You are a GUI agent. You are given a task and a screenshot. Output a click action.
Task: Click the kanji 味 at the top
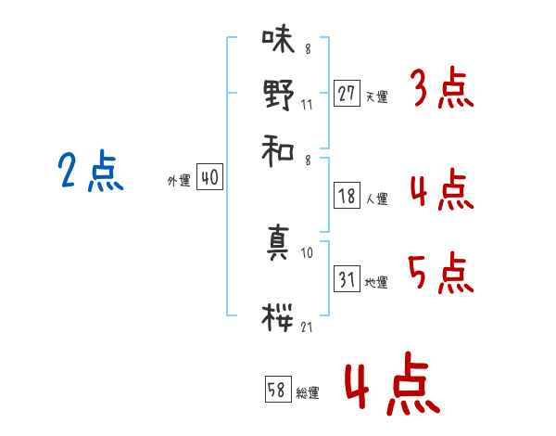coord(278,40)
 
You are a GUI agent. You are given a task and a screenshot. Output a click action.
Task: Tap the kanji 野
coord(279,95)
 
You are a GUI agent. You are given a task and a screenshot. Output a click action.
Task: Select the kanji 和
coord(278,150)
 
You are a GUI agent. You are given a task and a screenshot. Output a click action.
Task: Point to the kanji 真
coord(278,242)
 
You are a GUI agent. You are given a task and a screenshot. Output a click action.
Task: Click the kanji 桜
coord(277,317)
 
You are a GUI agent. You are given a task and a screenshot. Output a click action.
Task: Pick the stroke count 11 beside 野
coord(307,105)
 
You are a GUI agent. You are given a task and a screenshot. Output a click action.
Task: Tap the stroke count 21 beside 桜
coord(307,327)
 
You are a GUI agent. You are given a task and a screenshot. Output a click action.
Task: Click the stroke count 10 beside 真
coord(307,253)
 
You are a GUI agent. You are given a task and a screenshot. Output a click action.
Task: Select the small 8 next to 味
coord(308,48)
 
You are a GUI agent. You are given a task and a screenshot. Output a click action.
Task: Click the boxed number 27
coord(347,94)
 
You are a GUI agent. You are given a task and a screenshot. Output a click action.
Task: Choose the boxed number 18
coord(347,196)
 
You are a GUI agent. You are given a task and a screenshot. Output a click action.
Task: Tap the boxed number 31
coord(347,278)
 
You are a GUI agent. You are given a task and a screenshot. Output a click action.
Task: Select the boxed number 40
coord(209,176)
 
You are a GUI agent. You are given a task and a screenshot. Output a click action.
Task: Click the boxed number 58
coord(278,389)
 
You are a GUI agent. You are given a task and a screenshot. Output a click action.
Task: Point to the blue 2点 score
coord(91,171)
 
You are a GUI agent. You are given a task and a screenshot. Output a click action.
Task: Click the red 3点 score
coord(444,87)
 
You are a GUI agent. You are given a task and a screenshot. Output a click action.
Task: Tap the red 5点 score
coord(441,273)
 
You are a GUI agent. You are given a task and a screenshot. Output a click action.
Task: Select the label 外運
coord(179,181)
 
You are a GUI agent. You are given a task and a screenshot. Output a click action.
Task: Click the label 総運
coord(308,393)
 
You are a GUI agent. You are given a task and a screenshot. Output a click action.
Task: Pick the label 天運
coord(377,96)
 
